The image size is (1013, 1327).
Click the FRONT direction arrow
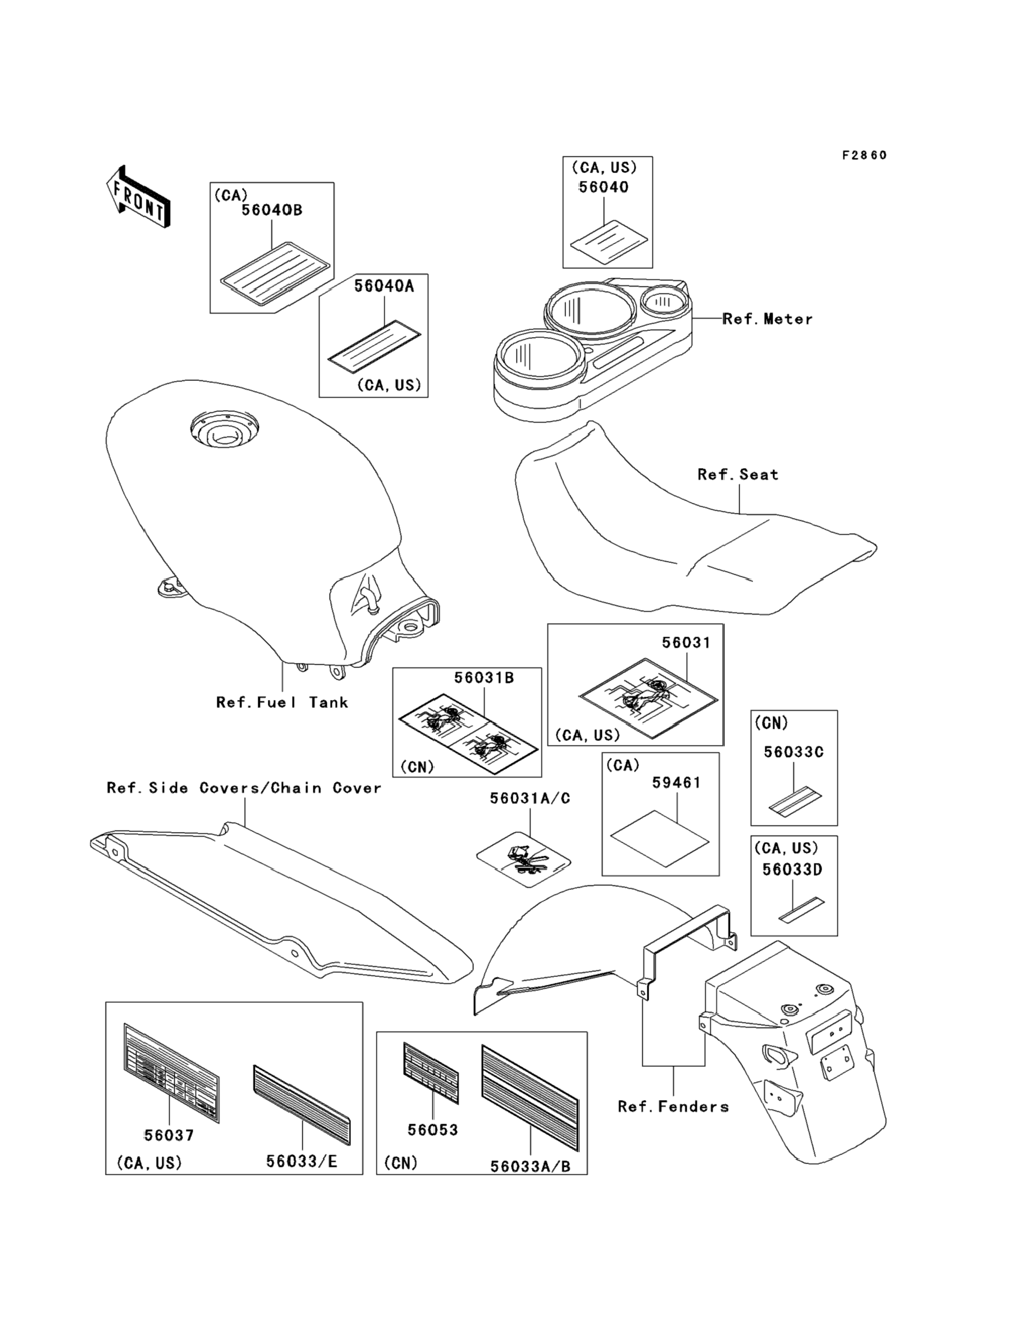138,197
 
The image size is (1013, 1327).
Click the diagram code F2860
864,156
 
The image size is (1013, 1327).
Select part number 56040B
272,211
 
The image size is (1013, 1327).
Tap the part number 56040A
384,287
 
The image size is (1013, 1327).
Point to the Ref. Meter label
767,319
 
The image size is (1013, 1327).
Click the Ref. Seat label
737,475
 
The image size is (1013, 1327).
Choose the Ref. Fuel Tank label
282,702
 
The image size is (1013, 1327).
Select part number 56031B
483,678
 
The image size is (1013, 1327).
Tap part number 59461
677,783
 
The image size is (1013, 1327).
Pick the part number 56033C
793,752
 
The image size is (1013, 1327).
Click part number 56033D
792,870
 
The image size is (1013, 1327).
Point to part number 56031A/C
530,798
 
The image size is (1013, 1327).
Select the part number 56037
169,1136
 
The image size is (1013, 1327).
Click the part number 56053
432,1130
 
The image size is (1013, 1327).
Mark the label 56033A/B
530,1166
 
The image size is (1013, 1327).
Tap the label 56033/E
302,1162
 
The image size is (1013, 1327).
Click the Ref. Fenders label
673,1107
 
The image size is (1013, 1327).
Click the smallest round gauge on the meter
664,300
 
